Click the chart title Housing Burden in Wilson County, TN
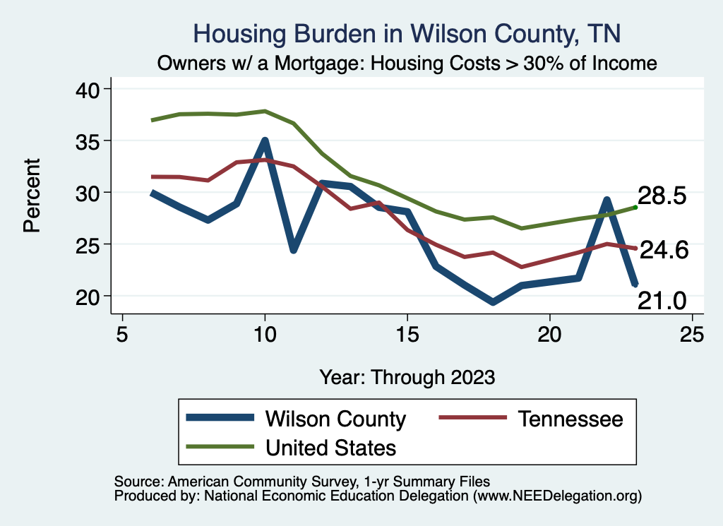click(407, 34)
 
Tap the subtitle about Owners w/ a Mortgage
click(407, 64)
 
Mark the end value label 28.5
click(662, 196)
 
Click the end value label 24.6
click(662, 250)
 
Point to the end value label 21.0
click(662, 301)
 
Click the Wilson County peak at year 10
click(265, 141)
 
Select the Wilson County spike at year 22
click(607, 201)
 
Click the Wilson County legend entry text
click(335, 419)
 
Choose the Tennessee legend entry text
click(570, 419)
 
